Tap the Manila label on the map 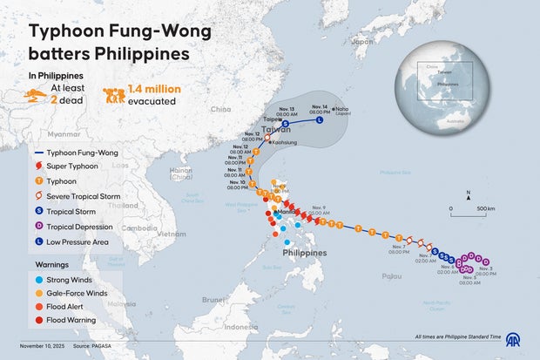[x=286, y=212]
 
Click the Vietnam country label [x=172, y=234]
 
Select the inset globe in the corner [x=440, y=80]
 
